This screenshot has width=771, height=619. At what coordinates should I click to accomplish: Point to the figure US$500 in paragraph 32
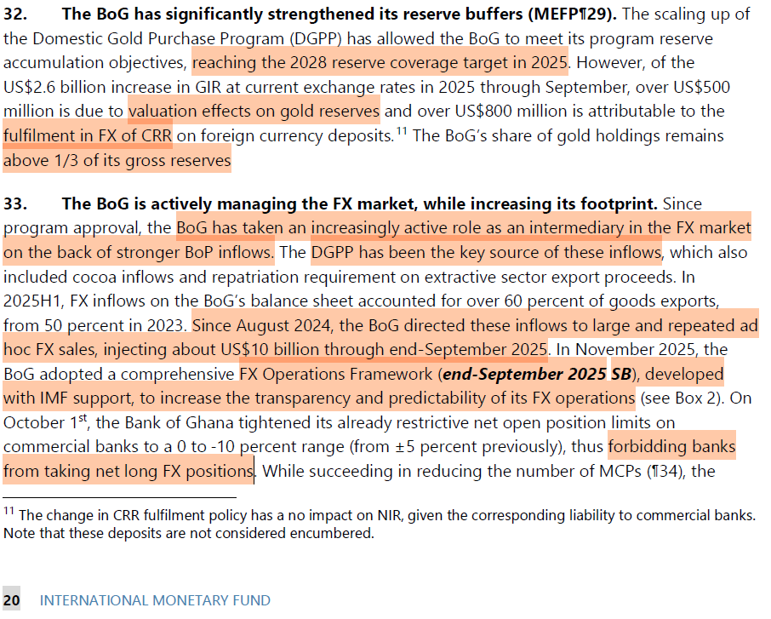(x=700, y=88)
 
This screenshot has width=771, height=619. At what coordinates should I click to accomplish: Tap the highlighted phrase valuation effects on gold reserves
(x=254, y=112)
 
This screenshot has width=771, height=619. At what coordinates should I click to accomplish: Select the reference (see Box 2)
(x=677, y=398)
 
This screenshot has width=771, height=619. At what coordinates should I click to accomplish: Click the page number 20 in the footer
(x=12, y=600)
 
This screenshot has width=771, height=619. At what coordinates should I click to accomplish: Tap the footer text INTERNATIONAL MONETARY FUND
(x=155, y=600)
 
